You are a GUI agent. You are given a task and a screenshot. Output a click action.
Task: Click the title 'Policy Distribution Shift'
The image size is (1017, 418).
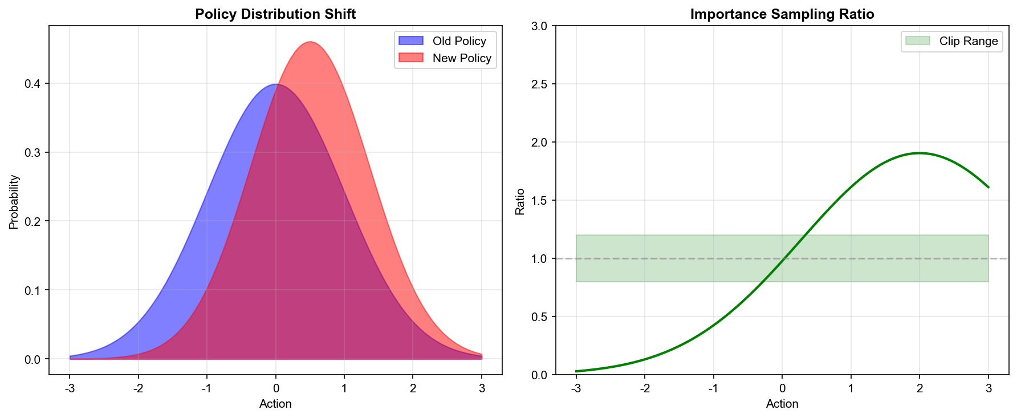click(275, 14)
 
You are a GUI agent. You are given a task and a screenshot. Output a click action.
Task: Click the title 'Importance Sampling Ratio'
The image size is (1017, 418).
click(782, 14)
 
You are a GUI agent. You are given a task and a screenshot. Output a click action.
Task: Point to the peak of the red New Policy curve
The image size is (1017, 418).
click(310, 42)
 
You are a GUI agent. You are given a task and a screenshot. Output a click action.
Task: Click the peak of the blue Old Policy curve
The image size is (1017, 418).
click(275, 84)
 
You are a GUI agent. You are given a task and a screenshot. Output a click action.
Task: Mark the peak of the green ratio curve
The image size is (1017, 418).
click(920, 153)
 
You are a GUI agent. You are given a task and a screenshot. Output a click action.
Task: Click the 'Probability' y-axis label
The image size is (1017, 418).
click(14, 202)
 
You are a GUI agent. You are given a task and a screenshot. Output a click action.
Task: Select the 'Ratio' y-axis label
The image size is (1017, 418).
click(520, 202)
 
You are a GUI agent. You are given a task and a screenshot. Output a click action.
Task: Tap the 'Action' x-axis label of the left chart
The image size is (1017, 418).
click(275, 404)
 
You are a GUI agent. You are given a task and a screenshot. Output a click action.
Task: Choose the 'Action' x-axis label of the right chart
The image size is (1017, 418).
click(782, 404)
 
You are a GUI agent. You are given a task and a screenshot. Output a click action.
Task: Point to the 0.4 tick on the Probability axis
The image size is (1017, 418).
click(32, 84)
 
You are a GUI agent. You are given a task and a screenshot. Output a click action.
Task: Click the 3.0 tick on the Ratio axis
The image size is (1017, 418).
click(539, 26)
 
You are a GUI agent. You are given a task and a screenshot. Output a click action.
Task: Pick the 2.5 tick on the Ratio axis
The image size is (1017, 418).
click(539, 84)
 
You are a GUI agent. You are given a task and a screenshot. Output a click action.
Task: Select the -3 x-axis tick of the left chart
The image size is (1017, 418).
click(70, 388)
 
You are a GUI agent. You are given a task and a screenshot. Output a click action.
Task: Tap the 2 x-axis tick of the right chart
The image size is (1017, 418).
click(920, 388)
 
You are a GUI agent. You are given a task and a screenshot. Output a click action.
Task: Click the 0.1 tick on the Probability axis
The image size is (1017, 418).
click(32, 290)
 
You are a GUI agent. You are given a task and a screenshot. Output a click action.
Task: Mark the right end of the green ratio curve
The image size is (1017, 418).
click(988, 187)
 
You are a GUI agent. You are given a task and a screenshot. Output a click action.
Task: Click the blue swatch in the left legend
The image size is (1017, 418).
click(411, 41)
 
